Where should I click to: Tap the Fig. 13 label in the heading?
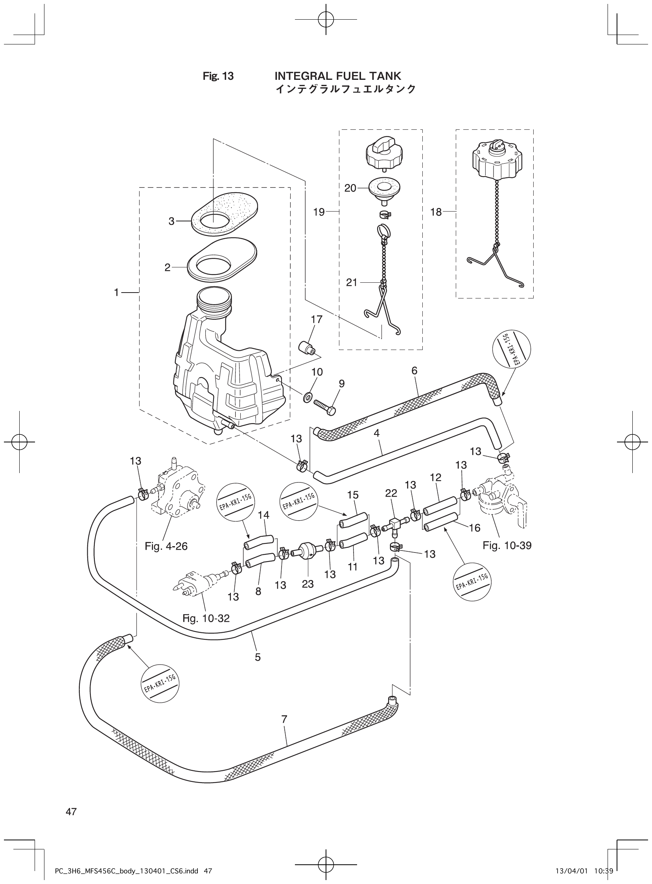[218, 76]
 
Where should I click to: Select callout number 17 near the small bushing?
[317, 319]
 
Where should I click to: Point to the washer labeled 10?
[307, 396]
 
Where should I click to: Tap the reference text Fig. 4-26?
[166, 546]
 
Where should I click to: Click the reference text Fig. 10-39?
[507, 545]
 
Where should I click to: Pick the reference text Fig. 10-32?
[206, 619]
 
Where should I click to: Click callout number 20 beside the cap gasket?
[350, 188]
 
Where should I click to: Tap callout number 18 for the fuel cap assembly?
[436, 212]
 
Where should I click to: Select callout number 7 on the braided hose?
[284, 720]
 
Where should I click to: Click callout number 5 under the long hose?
[257, 657]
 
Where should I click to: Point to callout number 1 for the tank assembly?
[116, 293]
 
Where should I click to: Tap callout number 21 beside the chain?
[351, 282]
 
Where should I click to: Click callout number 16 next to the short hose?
[474, 528]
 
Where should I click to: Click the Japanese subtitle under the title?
[345, 89]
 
